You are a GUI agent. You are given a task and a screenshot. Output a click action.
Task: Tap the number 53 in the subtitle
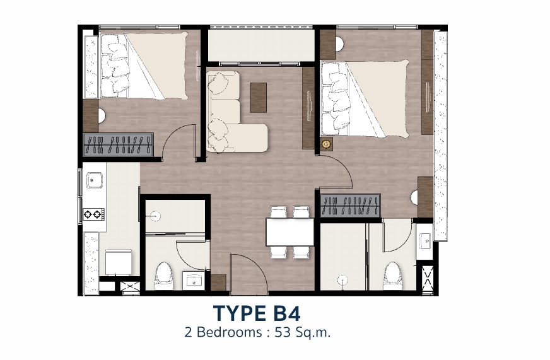click(283, 332)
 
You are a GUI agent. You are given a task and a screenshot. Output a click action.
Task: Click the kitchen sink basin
click(94, 180)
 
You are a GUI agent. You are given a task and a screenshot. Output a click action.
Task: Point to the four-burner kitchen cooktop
click(93, 214)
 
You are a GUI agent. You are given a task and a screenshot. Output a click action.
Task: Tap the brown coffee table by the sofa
click(259, 98)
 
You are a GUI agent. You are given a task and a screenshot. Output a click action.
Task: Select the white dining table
click(290, 232)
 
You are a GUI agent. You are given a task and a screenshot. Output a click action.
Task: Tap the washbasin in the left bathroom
click(193, 281)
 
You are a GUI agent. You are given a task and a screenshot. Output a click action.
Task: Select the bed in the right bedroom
click(365, 98)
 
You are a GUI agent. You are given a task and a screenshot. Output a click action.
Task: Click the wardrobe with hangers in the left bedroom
click(118, 144)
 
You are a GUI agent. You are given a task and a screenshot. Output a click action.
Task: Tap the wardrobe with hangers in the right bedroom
click(350, 205)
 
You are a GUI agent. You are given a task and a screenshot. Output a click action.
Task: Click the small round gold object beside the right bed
click(327, 143)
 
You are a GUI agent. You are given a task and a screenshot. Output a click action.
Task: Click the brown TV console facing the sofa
click(308, 108)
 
